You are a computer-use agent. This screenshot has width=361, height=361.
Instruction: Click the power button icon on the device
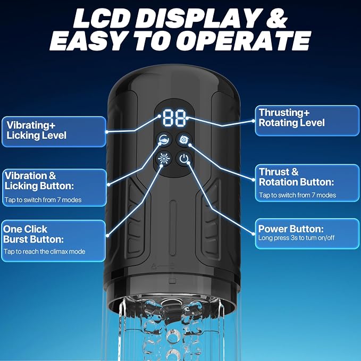pyautogui.click(x=184, y=158)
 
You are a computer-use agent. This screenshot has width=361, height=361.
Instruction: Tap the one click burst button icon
pyautogui.click(x=164, y=158)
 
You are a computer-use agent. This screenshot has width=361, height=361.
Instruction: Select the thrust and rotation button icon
pyautogui.click(x=183, y=139)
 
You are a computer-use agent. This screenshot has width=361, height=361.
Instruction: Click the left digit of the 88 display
pyautogui.click(x=169, y=117)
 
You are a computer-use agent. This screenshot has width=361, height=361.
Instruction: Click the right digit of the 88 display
pyautogui.click(x=181, y=117)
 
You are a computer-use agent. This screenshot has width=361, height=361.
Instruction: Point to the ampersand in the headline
pyautogui.click(x=277, y=19)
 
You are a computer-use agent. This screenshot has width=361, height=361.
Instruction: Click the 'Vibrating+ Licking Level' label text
pyautogui.click(x=36, y=130)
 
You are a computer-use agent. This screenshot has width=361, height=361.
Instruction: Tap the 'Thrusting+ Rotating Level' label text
pyautogui.click(x=291, y=117)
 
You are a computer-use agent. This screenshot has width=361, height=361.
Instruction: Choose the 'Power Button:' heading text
pyautogui.click(x=291, y=229)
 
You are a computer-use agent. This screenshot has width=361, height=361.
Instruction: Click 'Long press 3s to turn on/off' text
pyautogui.click(x=296, y=238)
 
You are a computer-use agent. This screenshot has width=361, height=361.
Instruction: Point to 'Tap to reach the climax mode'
pyautogui.click(x=45, y=251)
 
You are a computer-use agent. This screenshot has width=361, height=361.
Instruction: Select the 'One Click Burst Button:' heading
pyautogui.click(x=33, y=234)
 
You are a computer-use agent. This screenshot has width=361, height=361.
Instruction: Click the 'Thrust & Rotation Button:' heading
pyautogui.click(x=296, y=177)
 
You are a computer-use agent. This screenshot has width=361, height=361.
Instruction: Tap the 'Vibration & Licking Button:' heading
pyautogui.click(x=39, y=181)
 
